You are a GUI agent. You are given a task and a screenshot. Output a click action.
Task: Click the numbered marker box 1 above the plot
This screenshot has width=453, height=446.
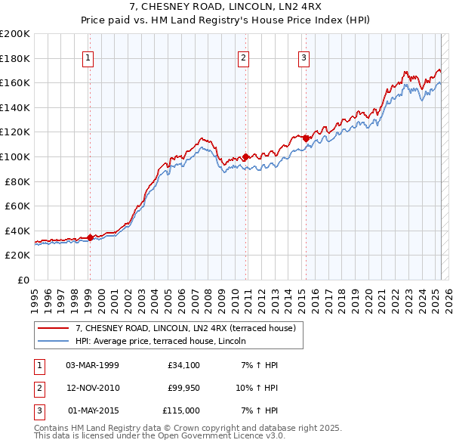pos(88,58)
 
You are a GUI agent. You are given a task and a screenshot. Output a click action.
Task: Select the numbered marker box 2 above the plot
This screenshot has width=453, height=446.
pos(244,58)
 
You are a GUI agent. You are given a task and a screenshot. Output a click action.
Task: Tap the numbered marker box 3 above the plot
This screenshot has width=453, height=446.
pos(304,58)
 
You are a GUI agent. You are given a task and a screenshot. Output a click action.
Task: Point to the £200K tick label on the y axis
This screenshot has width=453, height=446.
pos(15,34)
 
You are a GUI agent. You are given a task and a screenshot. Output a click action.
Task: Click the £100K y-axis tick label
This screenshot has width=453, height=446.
pos(15,156)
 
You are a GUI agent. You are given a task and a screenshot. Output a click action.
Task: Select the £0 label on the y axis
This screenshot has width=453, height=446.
pos(23,280)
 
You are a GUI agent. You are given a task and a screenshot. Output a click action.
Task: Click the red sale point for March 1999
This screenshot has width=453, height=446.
pos(90,237)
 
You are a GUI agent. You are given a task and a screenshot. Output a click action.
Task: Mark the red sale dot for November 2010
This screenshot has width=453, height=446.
pos(245,157)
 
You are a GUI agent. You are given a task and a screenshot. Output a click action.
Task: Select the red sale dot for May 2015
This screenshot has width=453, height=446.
pos(306,138)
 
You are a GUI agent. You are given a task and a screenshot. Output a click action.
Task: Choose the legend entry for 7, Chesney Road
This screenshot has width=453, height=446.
pos(189,328)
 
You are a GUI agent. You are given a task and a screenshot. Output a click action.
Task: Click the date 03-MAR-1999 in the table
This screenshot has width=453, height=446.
pos(92,365)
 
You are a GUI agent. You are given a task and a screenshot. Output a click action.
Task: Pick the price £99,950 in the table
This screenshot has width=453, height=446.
pos(184,388)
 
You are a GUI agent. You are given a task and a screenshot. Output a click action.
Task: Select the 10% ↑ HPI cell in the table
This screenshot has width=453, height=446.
pos(260,388)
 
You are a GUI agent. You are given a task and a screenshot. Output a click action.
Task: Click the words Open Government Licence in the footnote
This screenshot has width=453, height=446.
pos(212,436)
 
